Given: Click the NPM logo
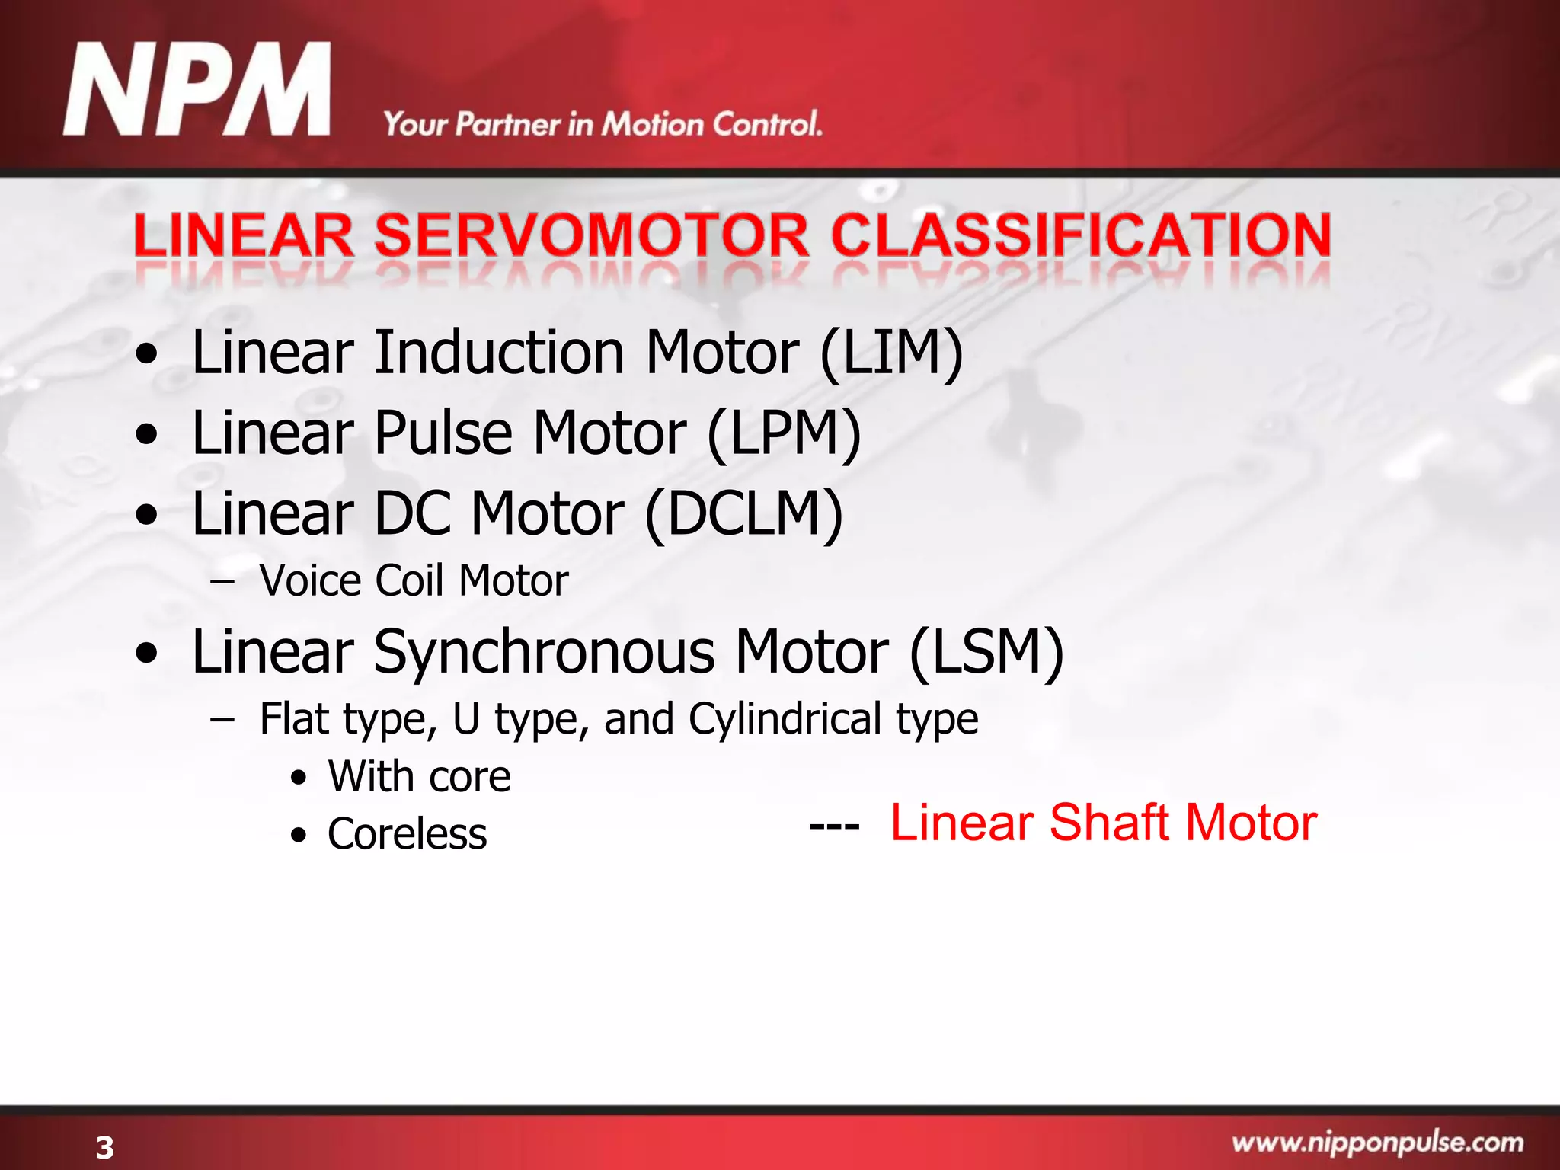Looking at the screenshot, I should point(197,90).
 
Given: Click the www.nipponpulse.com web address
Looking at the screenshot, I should point(1377,1143).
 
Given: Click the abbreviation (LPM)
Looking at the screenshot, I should point(785,433).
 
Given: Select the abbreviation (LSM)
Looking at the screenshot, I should point(986,653).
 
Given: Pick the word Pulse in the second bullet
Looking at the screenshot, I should point(443,433).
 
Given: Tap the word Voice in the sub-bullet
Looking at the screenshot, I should point(309,580).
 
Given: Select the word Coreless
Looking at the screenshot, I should point(407,833).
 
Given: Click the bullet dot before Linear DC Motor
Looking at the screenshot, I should point(146,516).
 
